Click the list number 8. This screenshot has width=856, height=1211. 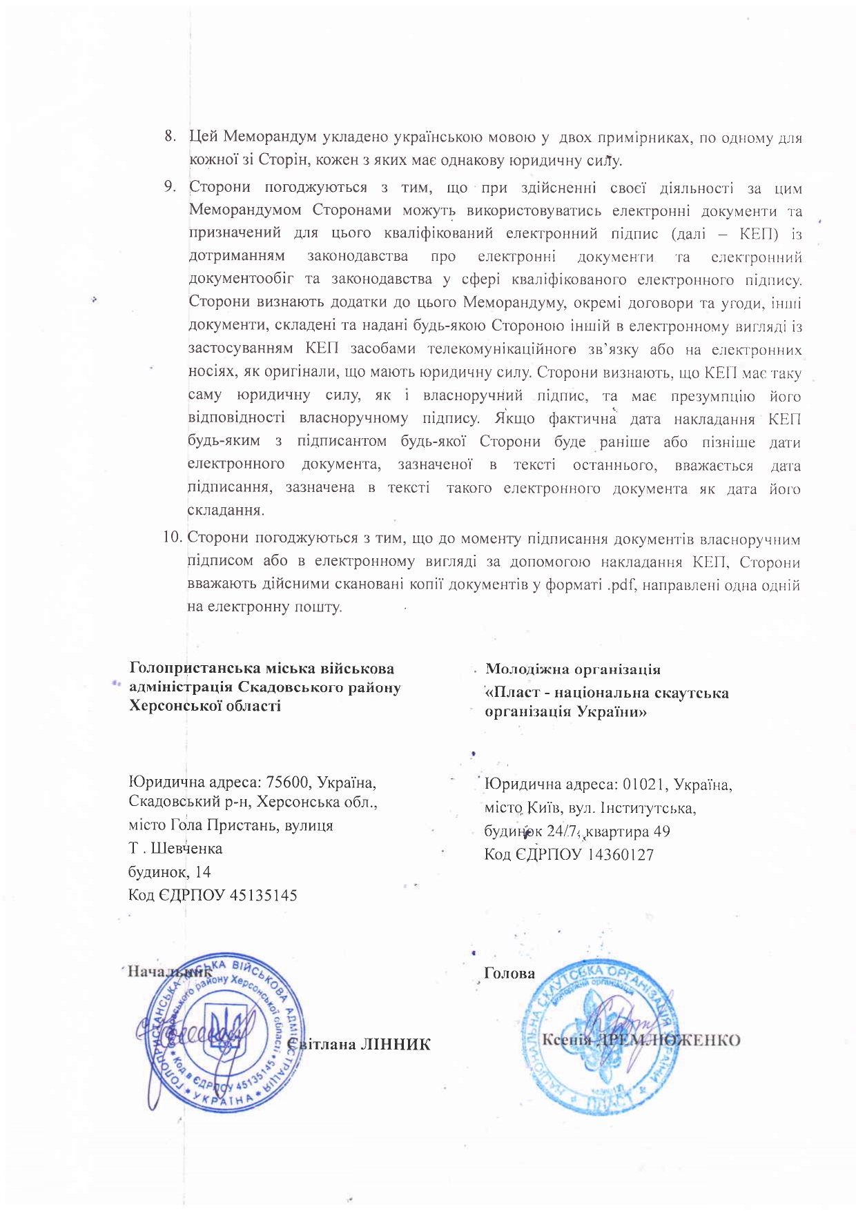(x=168, y=137)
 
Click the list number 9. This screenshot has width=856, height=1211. (x=168, y=186)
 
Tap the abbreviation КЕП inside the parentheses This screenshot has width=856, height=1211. (x=759, y=233)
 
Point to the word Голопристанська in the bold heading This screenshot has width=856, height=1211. (x=185, y=668)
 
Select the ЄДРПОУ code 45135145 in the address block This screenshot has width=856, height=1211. (x=263, y=895)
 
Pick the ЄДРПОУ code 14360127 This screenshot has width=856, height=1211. (x=620, y=854)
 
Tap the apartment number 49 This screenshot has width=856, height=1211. (x=661, y=831)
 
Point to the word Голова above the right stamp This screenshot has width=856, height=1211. (x=509, y=973)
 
